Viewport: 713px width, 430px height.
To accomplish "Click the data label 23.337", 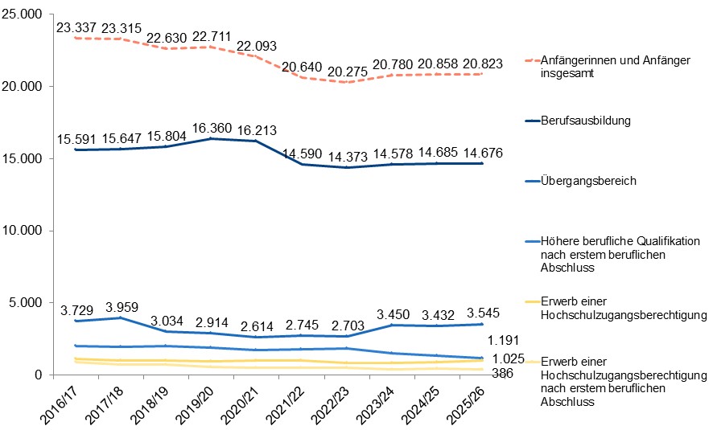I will (76, 28).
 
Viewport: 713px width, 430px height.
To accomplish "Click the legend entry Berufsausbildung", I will (585, 121).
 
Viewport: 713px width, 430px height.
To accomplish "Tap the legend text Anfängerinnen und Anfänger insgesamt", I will (616, 67).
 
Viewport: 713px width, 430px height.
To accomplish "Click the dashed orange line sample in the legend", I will (530, 60).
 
